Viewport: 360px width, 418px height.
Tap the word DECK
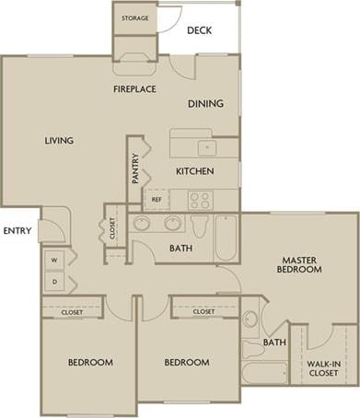(x=200, y=30)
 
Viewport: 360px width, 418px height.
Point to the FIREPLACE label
(x=134, y=89)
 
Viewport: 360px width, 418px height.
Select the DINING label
(x=205, y=104)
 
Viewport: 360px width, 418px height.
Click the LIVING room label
(x=58, y=141)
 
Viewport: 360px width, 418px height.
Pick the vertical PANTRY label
(x=135, y=168)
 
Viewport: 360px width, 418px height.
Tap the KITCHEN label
(x=194, y=172)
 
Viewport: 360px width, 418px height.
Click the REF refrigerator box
(x=157, y=199)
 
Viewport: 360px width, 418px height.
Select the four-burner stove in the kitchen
(x=200, y=199)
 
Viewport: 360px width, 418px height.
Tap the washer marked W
(x=53, y=261)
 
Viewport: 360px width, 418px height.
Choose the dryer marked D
(x=53, y=281)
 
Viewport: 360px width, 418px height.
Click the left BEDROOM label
(x=90, y=363)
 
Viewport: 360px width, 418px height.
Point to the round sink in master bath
(x=251, y=319)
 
